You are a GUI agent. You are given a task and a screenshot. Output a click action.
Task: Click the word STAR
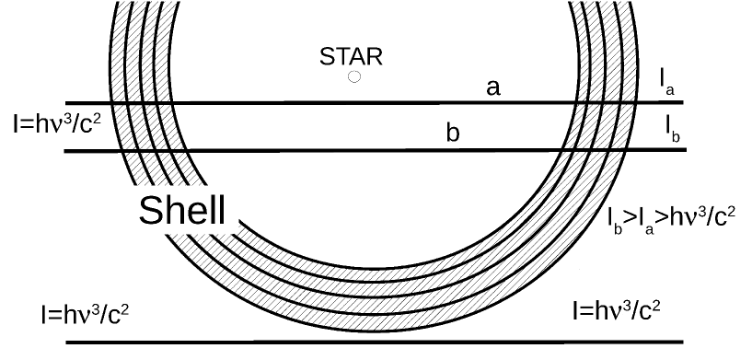tap(351, 57)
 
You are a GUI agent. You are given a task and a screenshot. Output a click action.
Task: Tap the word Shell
tap(181, 212)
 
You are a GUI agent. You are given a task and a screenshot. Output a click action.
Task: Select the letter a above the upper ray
tap(493, 87)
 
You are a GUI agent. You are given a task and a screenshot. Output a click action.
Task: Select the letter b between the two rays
tap(452, 133)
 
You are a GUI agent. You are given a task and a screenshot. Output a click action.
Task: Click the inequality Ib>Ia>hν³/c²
tap(671, 218)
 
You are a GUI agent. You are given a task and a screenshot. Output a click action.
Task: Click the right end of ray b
tap(685, 149)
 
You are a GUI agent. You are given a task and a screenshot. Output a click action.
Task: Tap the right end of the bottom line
tap(685, 343)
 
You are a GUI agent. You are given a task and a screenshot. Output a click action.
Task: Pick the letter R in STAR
tap(374, 57)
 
